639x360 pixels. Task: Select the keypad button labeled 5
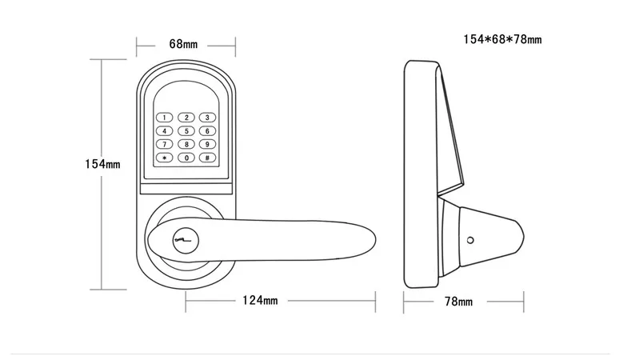point(186,131)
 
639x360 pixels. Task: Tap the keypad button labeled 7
point(166,144)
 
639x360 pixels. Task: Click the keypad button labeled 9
point(207,144)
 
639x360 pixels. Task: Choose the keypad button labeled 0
point(186,158)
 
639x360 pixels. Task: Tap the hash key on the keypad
point(207,158)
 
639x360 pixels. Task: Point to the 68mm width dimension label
point(183,43)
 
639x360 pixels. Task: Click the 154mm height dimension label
point(102,164)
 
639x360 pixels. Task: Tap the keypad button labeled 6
point(207,131)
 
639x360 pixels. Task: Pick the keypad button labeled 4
point(166,131)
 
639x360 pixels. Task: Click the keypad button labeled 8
point(186,144)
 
